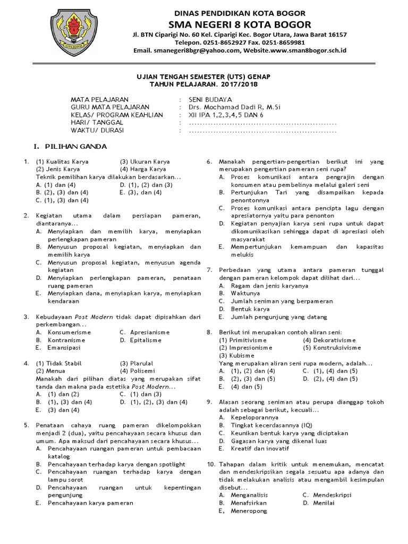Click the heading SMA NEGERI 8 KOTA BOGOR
click(x=240, y=24)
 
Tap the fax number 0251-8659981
click(x=285, y=42)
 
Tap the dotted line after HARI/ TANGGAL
click(x=263, y=123)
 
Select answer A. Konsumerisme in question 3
click(x=63, y=331)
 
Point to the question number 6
click(x=209, y=161)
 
